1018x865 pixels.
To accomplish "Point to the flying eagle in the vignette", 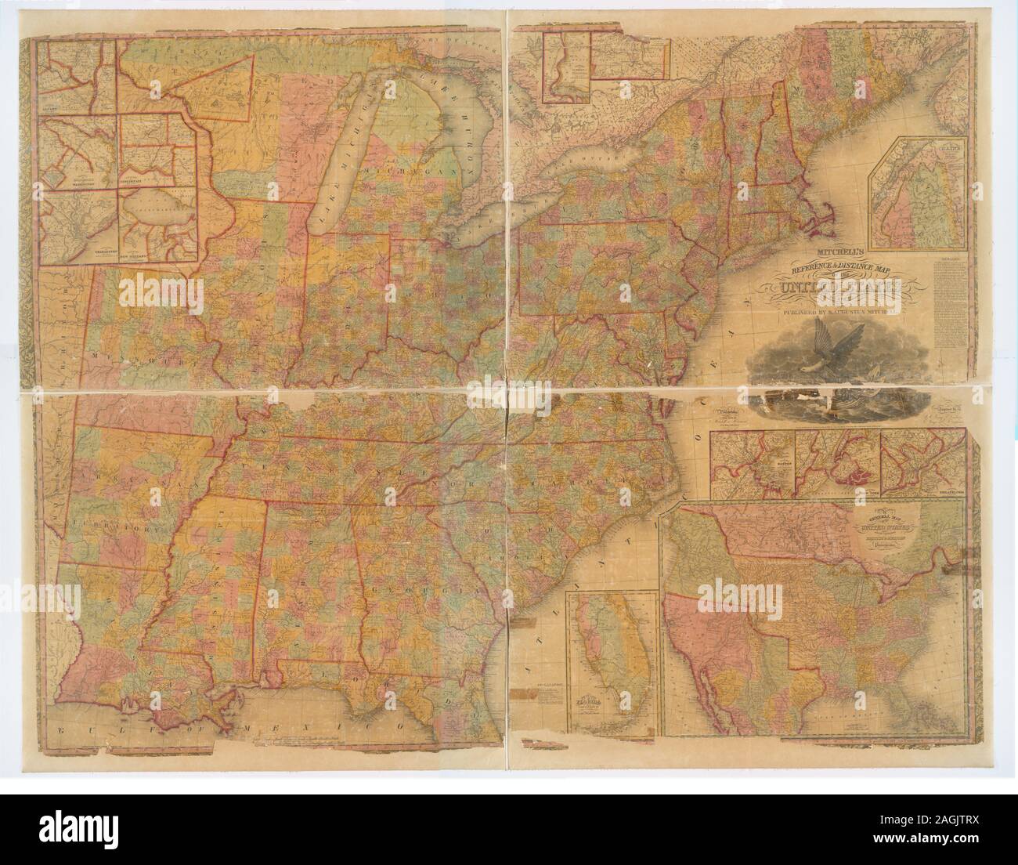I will [820, 344].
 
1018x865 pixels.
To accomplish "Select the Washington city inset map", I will [78, 153].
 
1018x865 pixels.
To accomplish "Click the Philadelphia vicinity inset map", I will [920, 466].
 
